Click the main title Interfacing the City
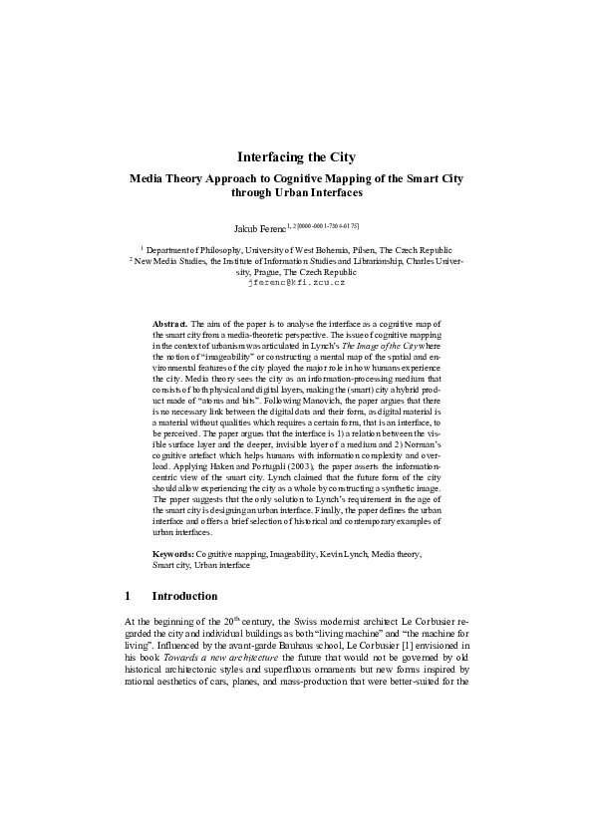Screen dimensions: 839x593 coord(296,156)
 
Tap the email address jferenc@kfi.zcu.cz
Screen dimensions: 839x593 coord(296,282)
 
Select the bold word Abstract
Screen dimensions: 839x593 coord(169,325)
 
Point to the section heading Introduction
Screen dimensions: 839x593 coord(184,596)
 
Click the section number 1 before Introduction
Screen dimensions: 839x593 coord(128,596)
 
